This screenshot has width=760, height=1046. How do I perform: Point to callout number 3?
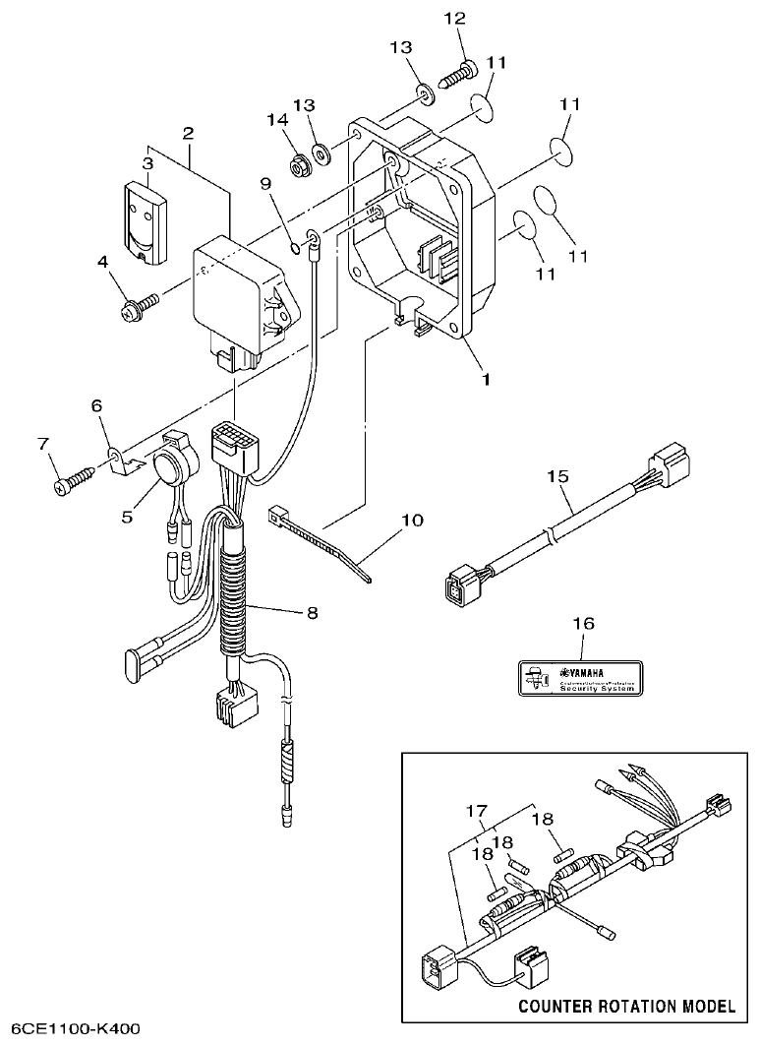(148, 162)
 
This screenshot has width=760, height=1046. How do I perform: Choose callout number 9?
(264, 184)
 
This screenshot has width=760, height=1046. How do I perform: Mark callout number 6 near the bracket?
(96, 405)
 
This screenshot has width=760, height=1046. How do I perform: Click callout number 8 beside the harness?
(312, 612)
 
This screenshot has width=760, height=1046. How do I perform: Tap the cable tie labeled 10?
(320, 540)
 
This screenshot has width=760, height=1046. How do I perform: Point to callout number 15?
(557, 477)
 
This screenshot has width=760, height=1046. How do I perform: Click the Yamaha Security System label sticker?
(580, 678)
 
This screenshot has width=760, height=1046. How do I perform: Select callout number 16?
(583, 624)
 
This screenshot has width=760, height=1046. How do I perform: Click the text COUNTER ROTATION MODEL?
(625, 1006)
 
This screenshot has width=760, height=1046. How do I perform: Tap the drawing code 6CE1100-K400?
(69, 1028)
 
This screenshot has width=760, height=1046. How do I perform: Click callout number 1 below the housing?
(484, 377)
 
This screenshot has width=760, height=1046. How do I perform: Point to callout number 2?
(188, 132)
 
